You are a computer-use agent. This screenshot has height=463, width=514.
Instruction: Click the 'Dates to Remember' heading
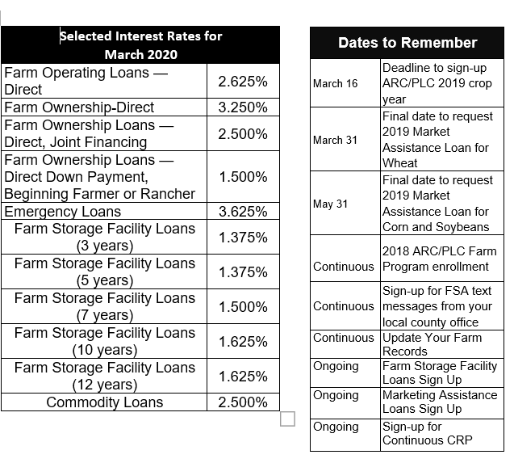click(407, 43)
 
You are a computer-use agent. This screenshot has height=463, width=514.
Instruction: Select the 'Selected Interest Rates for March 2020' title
click(141, 45)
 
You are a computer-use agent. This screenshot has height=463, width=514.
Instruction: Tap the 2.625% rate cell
click(243, 82)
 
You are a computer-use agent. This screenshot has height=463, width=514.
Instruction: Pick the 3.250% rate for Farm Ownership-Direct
click(243, 107)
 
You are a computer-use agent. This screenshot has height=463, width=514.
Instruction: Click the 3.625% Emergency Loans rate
click(243, 212)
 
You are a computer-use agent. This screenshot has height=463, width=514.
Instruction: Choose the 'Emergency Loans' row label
click(63, 212)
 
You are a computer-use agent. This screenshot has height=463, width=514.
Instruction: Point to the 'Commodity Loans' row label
click(105, 402)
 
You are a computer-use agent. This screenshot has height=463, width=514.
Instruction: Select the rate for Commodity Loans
click(243, 402)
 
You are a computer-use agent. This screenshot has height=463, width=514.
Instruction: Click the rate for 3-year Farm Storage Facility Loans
click(243, 238)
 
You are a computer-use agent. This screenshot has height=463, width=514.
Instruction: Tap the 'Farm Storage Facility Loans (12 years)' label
click(105, 377)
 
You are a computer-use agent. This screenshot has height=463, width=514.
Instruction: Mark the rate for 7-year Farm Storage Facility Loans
click(243, 307)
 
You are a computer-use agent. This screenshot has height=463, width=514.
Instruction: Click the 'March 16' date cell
click(335, 83)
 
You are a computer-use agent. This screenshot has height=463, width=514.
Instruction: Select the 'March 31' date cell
click(335, 140)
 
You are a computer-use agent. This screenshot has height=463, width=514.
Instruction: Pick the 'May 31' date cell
click(331, 204)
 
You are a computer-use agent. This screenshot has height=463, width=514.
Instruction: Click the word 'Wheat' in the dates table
click(400, 163)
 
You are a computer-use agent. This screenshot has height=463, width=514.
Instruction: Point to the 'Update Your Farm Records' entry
click(432, 344)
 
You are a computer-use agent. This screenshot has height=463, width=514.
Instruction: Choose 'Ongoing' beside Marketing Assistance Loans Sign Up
click(336, 395)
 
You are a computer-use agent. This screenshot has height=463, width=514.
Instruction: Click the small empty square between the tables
click(288, 419)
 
